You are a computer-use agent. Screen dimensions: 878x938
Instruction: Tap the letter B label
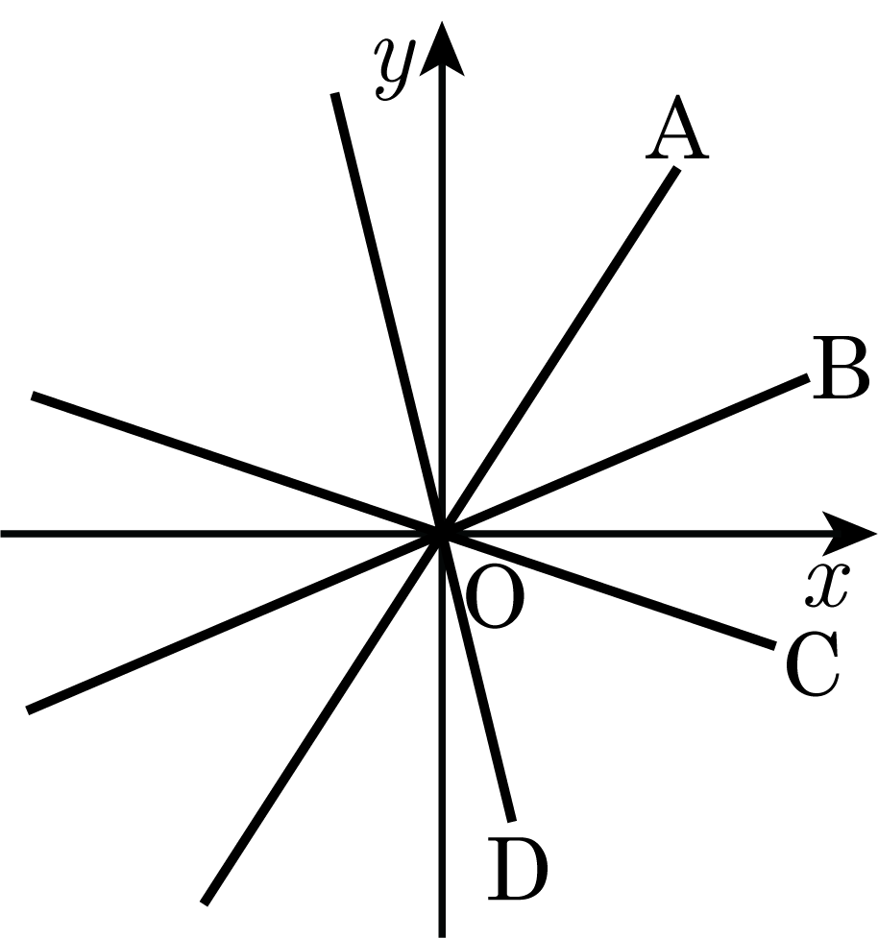[x=841, y=368]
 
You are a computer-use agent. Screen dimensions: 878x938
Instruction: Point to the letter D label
[x=517, y=868]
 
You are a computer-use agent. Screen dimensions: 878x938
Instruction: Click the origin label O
[x=495, y=598]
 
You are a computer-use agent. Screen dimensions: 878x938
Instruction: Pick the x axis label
[x=826, y=585]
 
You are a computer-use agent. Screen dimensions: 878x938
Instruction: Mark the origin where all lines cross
[x=442, y=533]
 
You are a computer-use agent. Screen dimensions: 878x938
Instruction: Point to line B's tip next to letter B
[x=808, y=377]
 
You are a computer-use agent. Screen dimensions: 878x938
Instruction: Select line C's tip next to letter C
[x=775, y=645]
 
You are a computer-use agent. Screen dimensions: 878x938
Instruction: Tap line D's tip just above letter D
[x=512, y=821]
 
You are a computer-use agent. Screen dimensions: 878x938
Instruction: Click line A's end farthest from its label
[x=204, y=903]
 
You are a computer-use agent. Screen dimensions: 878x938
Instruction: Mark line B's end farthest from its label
[x=28, y=710]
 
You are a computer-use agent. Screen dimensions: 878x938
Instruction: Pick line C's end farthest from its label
[x=33, y=395]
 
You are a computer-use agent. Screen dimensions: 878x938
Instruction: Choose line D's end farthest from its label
[x=334, y=93]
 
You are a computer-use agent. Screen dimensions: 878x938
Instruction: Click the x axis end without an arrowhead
[x=1, y=533]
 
